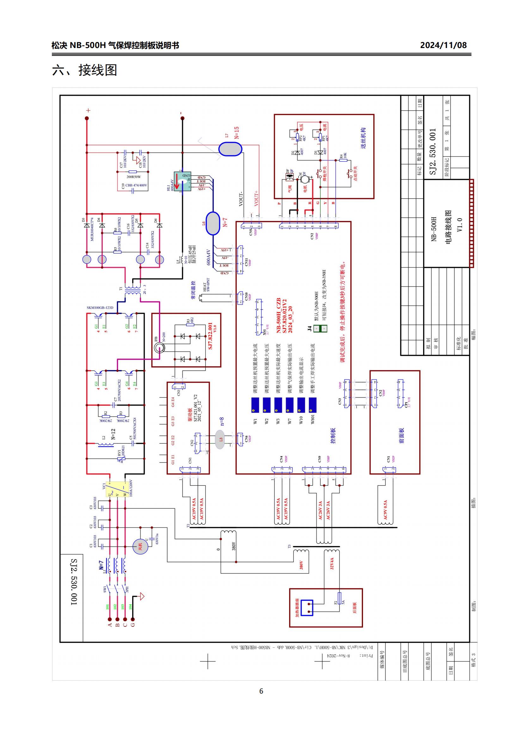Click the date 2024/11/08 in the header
tap(443, 45)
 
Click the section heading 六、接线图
tap(84, 70)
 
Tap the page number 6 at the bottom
tap(261, 691)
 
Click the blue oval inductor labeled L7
tap(230, 149)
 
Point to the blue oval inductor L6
tap(212, 223)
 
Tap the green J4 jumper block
tap(320, 328)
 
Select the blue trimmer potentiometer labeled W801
tap(312, 405)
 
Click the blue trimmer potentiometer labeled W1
tap(255, 405)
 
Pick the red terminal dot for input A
tap(109, 619)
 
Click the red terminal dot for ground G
tap(132, 619)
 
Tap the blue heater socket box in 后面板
tap(307, 608)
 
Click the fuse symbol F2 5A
tap(339, 601)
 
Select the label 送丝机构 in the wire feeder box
tap(363, 138)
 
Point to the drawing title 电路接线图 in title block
tap(449, 227)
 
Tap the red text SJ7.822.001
tap(210, 336)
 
